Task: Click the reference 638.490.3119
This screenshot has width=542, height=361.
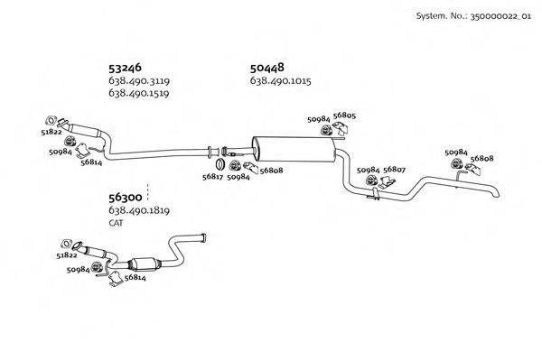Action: (x=139, y=81)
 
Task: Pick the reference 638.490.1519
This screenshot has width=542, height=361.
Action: (x=139, y=93)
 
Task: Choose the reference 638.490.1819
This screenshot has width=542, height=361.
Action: (x=139, y=210)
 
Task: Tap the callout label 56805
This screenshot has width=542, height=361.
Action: (x=344, y=116)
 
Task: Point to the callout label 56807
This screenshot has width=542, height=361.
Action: (x=394, y=169)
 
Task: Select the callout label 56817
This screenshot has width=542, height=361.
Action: (x=213, y=177)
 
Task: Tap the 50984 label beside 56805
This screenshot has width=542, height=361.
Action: (x=318, y=118)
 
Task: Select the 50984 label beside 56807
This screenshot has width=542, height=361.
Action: (x=368, y=169)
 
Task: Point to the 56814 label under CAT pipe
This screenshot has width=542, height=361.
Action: (x=135, y=277)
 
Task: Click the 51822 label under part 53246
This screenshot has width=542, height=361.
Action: (x=52, y=131)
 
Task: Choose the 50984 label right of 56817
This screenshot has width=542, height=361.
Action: (x=238, y=177)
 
